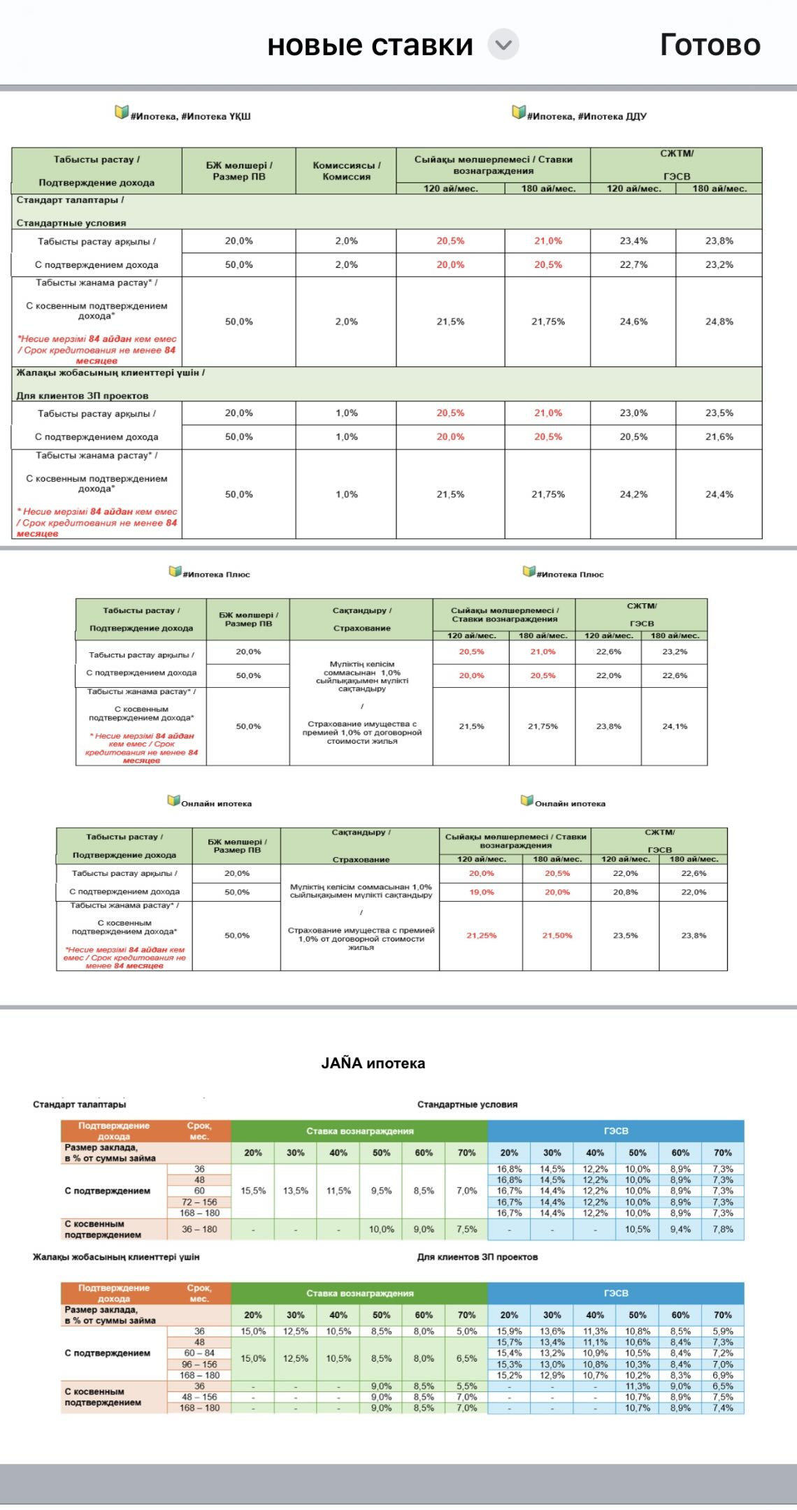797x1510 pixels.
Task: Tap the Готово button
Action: coord(710,45)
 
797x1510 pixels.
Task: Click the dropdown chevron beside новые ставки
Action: coord(503,45)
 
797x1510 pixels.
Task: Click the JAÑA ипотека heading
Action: coord(373,1063)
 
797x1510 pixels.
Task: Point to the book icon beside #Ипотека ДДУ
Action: coord(519,112)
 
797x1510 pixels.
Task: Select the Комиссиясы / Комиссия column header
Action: coord(346,171)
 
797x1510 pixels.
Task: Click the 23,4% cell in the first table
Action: coord(633,241)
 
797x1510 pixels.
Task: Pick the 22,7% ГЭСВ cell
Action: coord(633,265)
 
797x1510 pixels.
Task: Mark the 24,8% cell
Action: coord(719,322)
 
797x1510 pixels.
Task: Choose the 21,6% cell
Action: coord(719,437)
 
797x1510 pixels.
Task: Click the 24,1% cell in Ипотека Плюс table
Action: coord(675,726)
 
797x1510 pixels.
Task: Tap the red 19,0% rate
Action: coord(481,892)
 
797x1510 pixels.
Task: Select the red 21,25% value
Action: coord(481,935)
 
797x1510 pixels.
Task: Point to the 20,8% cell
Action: coord(625,892)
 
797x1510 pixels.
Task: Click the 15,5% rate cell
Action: coord(253,1191)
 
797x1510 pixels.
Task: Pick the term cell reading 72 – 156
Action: coord(199,1202)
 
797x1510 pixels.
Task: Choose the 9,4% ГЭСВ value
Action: coord(680,1229)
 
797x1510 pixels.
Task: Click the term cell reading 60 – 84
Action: coord(199,1353)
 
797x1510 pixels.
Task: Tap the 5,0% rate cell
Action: coord(466,1331)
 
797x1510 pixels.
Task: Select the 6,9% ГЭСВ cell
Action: coord(723,1375)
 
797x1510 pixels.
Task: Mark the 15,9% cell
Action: coord(509,1331)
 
